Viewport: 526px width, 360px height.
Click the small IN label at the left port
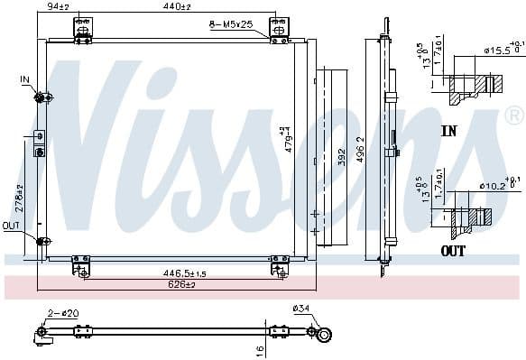click(24, 80)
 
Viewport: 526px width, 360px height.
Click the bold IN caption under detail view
click(449, 131)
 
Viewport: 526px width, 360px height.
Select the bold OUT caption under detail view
click(453, 250)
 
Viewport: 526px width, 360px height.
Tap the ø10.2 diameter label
click(492, 187)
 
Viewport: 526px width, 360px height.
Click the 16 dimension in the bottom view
click(259, 349)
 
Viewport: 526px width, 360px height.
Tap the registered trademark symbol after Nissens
click(512, 115)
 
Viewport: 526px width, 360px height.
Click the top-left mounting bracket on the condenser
click(82, 31)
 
